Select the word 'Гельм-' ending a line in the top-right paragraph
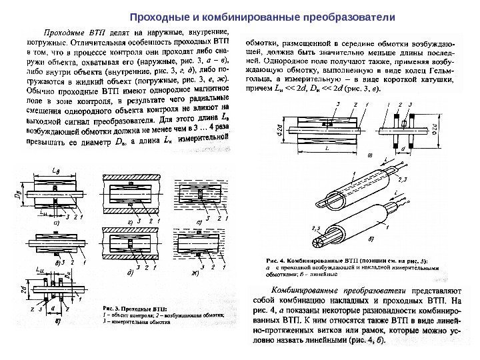tap(441, 70)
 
